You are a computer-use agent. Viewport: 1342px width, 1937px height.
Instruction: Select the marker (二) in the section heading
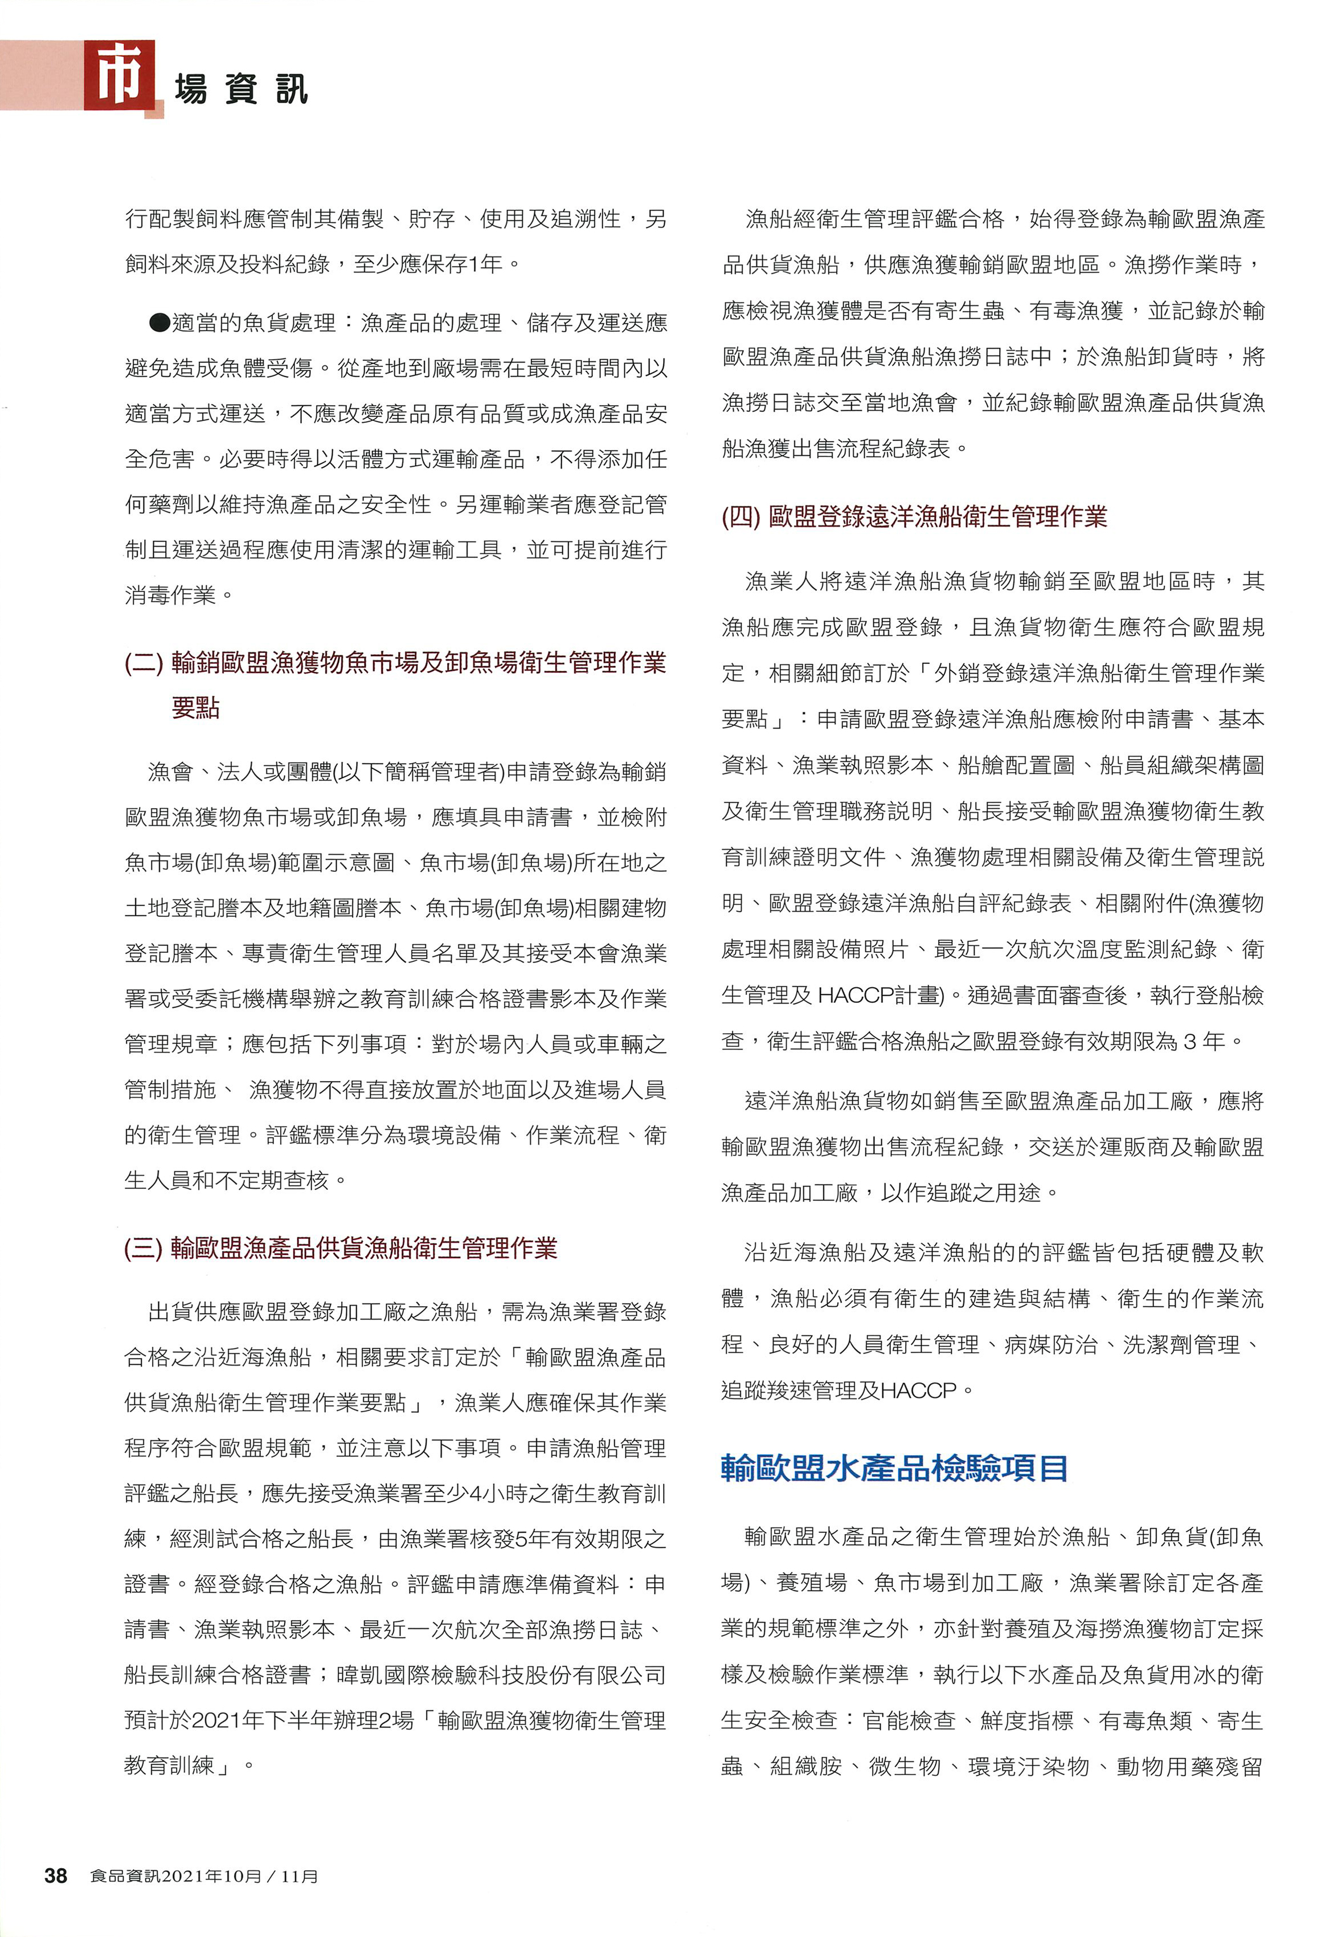click(144, 663)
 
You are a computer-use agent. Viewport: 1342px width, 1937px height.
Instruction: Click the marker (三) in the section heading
click(144, 1248)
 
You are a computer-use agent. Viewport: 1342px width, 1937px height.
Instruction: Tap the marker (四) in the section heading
click(741, 516)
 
